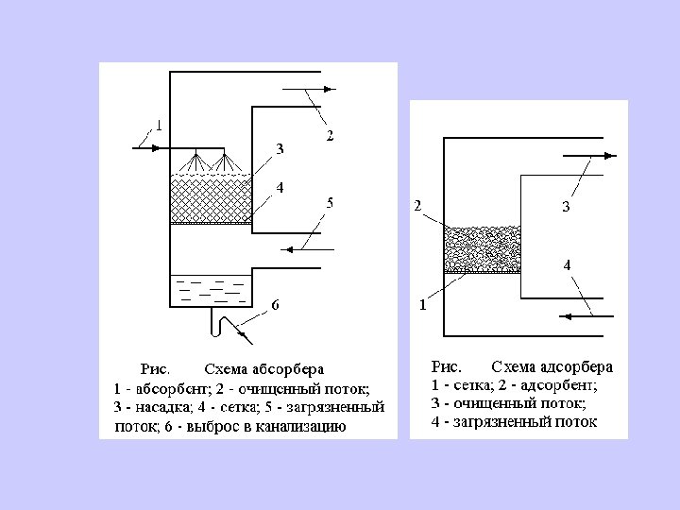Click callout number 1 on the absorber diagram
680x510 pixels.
tap(159, 125)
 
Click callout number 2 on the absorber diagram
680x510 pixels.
tap(330, 137)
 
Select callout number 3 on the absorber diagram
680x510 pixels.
tap(280, 148)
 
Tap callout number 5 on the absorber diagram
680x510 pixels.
tap(330, 202)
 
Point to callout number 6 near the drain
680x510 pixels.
tap(275, 304)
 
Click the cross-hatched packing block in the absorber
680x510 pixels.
tap(210, 199)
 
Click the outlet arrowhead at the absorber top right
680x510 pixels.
tap(325, 89)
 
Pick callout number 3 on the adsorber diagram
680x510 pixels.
tap(567, 207)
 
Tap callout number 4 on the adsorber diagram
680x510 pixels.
tap(567, 266)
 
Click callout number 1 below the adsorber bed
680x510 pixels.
tap(422, 305)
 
